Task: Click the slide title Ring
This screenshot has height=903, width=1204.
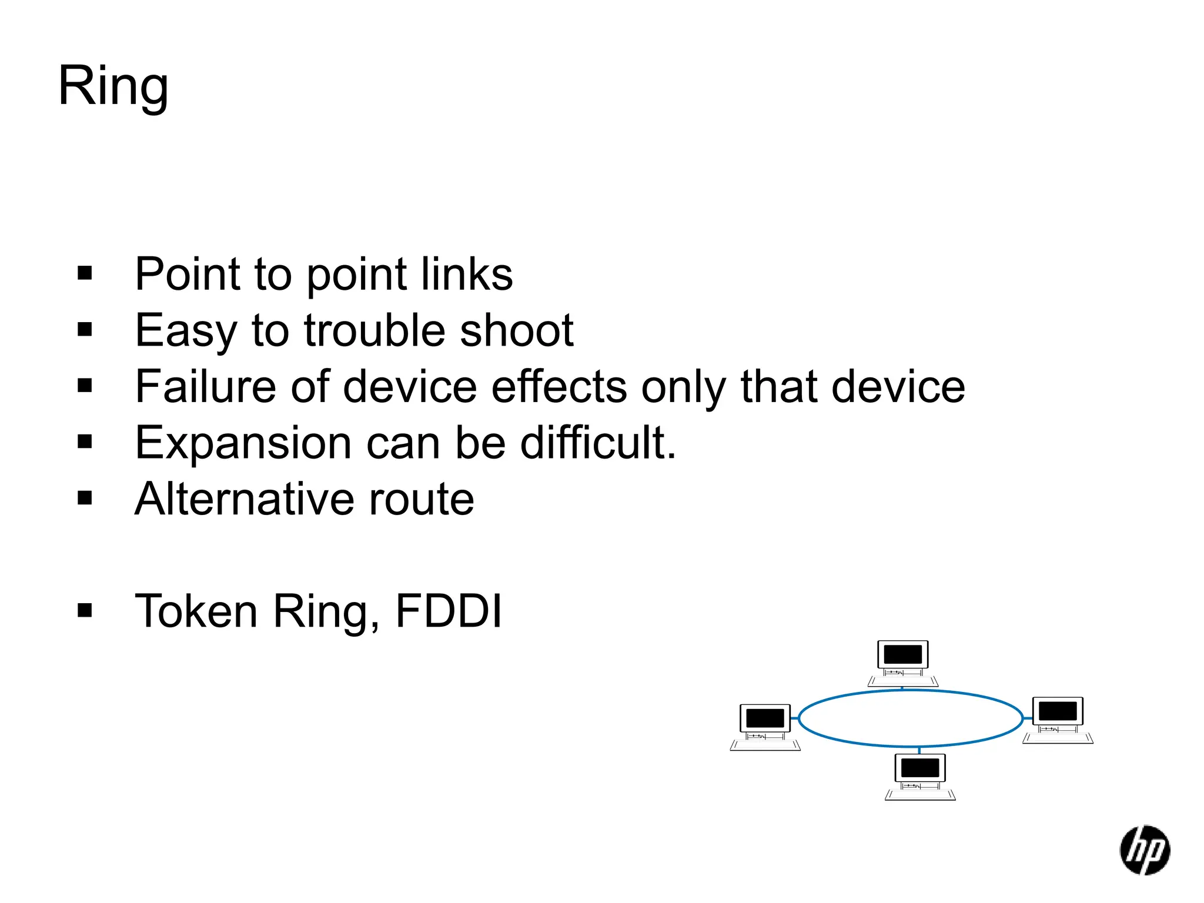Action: (x=113, y=86)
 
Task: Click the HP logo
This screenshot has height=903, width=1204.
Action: (x=1144, y=850)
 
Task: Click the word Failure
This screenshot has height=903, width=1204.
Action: (x=205, y=387)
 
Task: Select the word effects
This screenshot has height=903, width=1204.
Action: (x=559, y=387)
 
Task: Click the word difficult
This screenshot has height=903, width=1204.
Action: (x=598, y=443)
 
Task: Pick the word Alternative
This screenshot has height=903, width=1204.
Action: (x=244, y=499)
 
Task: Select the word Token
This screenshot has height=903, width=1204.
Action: (x=196, y=611)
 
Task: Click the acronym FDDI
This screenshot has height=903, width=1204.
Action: (x=449, y=611)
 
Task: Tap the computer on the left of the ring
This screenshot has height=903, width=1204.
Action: (x=765, y=727)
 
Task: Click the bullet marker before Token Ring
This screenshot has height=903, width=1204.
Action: (x=85, y=611)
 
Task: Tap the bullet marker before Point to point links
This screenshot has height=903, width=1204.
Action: (x=85, y=273)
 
